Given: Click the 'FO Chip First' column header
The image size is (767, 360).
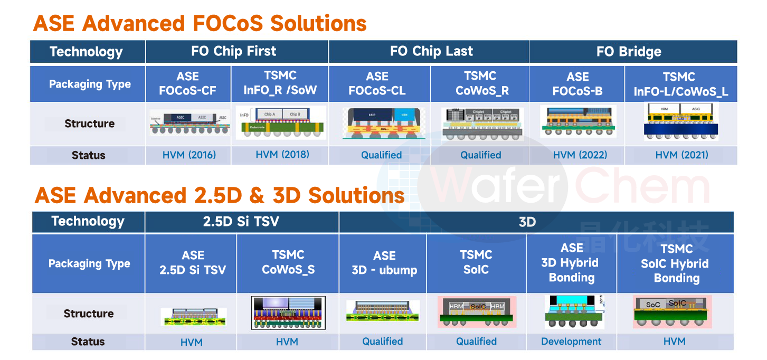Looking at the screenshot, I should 233,51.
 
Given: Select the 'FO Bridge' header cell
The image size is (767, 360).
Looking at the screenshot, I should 629,52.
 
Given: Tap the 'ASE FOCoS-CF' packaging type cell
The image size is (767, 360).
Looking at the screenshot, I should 187,83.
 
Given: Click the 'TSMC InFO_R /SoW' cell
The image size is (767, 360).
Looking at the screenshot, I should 280,83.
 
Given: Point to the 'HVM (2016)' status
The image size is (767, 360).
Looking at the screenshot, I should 188,155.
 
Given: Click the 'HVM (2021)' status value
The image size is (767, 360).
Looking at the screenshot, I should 681,155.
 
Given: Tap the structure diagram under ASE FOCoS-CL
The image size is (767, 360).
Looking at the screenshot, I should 380,124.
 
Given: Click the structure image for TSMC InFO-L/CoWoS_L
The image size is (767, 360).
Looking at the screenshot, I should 681,122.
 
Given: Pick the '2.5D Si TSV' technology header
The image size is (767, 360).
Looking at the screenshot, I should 241,222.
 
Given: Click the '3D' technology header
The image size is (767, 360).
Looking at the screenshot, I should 527,222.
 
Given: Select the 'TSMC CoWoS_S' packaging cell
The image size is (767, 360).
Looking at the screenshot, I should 288,262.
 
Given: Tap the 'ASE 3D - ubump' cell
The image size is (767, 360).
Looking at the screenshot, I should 384,263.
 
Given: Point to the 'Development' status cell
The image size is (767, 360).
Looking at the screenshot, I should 571,342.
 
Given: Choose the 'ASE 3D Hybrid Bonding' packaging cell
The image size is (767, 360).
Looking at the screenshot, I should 572,262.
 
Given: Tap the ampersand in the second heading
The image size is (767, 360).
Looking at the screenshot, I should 257,195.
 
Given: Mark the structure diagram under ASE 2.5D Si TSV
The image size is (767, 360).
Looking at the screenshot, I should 193,317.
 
